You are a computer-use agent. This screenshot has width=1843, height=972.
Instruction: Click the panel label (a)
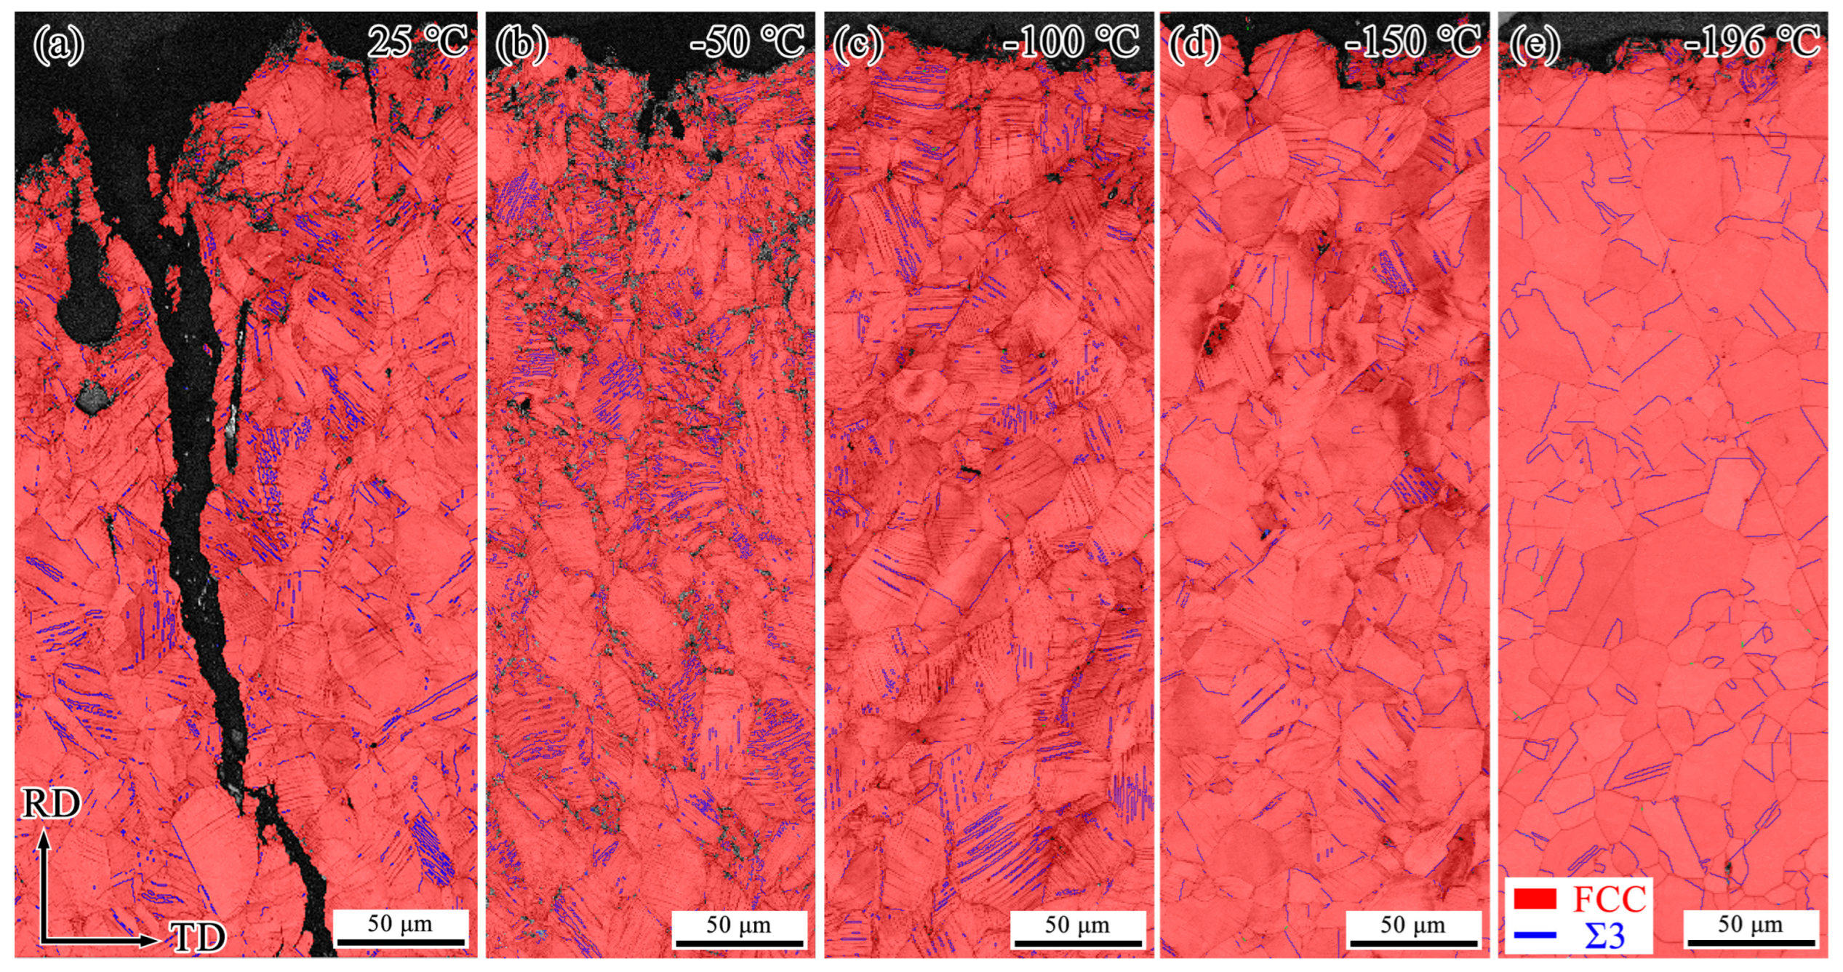(x=58, y=45)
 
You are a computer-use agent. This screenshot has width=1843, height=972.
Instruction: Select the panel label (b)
(x=521, y=45)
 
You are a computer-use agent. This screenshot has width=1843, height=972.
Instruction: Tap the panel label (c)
(x=859, y=45)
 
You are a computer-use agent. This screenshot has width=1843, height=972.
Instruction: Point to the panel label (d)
(x=1194, y=45)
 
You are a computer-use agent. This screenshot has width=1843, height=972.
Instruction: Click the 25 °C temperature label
(x=417, y=41)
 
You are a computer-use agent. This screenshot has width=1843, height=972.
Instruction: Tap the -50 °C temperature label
(x=748, y=41)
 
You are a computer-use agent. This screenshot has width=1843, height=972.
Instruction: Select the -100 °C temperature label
(x=1071, y=41)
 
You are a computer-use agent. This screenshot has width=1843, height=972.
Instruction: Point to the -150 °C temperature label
(x=1412, y=41)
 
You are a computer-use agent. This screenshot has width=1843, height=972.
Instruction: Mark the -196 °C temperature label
(x=1751, y=41)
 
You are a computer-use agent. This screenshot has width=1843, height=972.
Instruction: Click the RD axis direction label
(x=51, y=805)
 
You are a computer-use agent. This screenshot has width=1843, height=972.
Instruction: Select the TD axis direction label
(x=198, y=938)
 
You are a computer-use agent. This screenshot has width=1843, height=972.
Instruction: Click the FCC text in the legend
(x=1609, y=900)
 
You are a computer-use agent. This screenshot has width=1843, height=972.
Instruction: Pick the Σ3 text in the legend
(x=1604, y=936)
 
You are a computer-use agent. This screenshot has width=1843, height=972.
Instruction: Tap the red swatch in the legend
(x=1535, y=899)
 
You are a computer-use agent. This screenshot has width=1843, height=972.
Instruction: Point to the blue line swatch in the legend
(x=1535, y=935)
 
